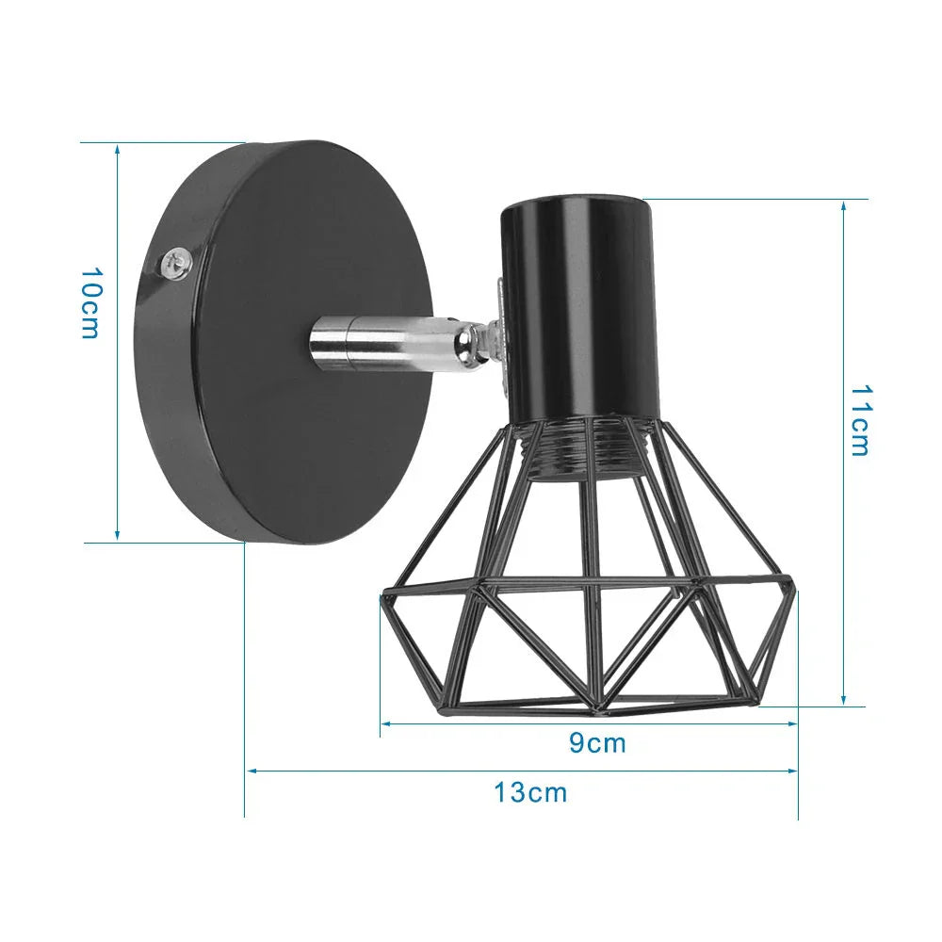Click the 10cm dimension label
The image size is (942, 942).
tap(89, 303)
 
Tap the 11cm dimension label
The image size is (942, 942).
tap(859, 419)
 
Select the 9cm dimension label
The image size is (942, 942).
tap(597, 743)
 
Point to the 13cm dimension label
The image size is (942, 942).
tap(531, 792)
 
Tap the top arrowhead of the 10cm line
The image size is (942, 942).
tap(118, 148)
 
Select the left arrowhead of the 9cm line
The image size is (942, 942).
tap(385, 723)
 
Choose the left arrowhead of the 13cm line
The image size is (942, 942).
tap(251, 771)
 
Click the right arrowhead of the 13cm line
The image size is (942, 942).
tap(793, 771)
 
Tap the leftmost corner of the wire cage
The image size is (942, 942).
tap(383, 595)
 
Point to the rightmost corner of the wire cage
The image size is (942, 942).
tap(794, 591)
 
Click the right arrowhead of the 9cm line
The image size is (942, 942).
tap(793, 723)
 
